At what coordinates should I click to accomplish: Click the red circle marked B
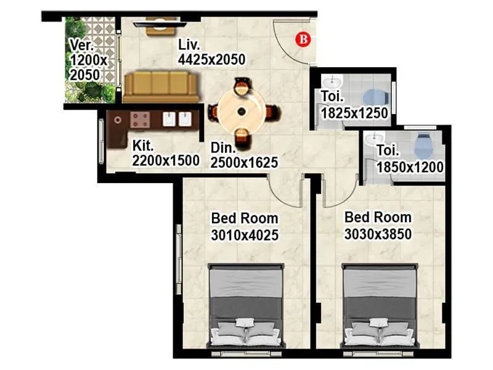click(303, 39)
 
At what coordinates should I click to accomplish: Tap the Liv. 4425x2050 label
click(211, 52)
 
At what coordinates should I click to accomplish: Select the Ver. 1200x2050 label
click(89, 60)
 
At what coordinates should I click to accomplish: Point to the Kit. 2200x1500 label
click(166, 154)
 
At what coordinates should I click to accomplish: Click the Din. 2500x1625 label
click(244, 155)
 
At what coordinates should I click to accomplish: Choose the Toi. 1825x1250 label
click(354, 105)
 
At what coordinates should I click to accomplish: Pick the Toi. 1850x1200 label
click(410, 158)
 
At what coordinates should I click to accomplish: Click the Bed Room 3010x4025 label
click(245, 226)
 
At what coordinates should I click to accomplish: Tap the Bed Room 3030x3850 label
click(378, 226)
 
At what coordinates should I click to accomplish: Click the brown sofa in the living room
click(161, 86)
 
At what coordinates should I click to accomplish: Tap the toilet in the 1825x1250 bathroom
click(374, 97)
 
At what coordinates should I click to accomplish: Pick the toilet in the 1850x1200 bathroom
click(422, 146)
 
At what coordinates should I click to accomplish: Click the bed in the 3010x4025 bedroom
click(246, 305)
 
